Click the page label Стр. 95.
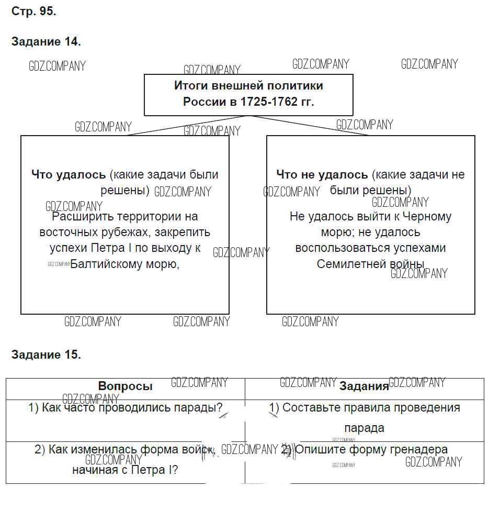pos(33,12)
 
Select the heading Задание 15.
pos(46,354)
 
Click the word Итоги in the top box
pos(191,85)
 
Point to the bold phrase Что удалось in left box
pos(69,174)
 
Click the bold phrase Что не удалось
pos(322,174)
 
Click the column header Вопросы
pos(125,386)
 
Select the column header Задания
pos(364,386)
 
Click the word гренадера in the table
pos(421,449)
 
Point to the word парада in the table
pos(365,428)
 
